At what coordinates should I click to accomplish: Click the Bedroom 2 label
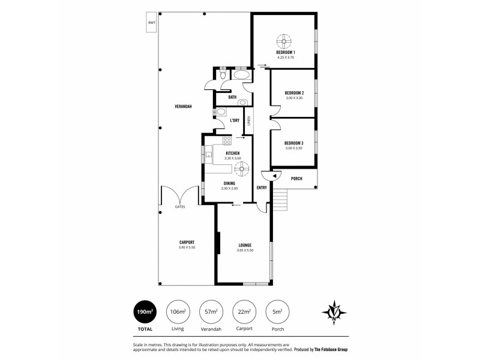click(x=294, y=92)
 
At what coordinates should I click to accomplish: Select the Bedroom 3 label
click(x=294, y=143)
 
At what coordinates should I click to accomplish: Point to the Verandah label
click(x=183, y=106)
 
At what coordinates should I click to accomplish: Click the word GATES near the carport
click(x=179, y=207)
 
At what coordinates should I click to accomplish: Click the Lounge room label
click(x=244, y=245)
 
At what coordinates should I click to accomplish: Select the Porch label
click(x=296, y=178)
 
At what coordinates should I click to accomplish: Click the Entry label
click(x=262, y=188)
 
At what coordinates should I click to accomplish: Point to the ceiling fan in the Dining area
click(x=242, y=170)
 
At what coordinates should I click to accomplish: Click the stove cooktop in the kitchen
click(x=227, y=141)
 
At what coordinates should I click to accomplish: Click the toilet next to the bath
click(x=223, y=77)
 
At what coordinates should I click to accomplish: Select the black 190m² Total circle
click(x=144, y=311)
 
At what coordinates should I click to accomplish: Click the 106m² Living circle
click(x=176, y=311)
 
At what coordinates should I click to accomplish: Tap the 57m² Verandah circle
click(x=209, y=311)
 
